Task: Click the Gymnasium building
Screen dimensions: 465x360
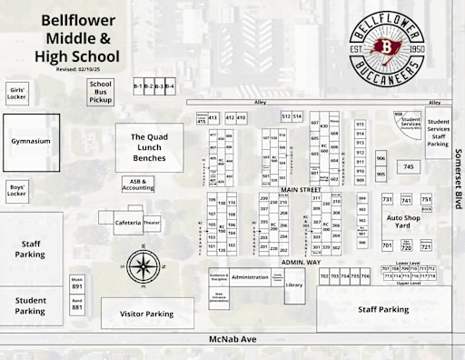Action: (30, 142)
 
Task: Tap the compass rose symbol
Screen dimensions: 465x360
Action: (143, 265)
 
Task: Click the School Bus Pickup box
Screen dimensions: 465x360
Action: (100, 91)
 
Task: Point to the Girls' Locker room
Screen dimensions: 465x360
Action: (17, 93)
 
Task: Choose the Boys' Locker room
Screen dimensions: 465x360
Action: (17, 190)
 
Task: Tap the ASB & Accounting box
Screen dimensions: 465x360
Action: (138, 185)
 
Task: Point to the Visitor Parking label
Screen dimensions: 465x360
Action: (147, 314)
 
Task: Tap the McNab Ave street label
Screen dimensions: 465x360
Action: (232, 342)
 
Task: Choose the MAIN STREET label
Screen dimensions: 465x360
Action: (302, 189)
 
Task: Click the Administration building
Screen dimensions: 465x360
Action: (249, 276)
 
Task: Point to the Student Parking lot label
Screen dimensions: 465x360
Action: (31, 305)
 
